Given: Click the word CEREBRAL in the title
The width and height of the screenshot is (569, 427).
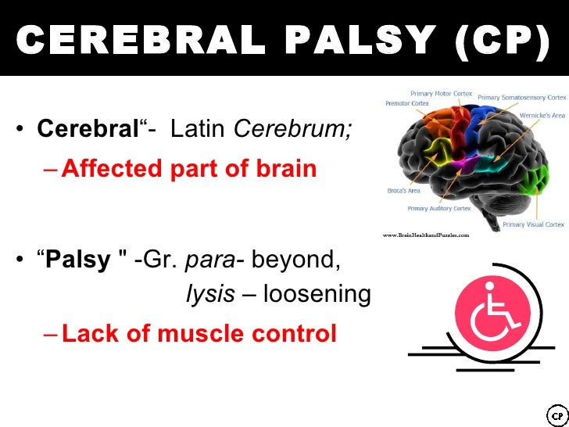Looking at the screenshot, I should [138, 39].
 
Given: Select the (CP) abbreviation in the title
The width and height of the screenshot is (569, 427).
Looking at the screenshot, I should [501, 39].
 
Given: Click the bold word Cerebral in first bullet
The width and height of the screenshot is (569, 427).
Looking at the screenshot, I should [88, 129].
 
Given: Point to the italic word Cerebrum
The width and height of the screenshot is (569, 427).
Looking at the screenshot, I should [293, 129].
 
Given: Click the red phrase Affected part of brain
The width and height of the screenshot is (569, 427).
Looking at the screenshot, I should [188, 168].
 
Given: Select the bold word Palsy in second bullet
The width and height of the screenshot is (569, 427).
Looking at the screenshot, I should [79, 260].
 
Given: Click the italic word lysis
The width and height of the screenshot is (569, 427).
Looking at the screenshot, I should [210, 294].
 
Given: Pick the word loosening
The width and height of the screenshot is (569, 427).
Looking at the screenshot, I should [317, 294].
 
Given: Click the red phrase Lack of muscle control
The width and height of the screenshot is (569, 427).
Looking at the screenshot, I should [199, 334].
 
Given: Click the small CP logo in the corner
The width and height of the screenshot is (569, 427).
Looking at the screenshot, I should [556, 414].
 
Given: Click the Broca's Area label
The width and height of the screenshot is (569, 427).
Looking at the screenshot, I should [405, 190].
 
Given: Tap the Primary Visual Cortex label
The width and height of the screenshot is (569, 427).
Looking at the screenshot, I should [533, 224].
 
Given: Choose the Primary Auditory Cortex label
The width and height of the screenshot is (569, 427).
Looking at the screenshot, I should [438, 209].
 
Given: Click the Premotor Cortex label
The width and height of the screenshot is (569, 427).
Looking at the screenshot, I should [407, 103].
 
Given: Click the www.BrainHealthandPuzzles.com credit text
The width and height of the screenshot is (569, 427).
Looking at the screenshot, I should [425, 234].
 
